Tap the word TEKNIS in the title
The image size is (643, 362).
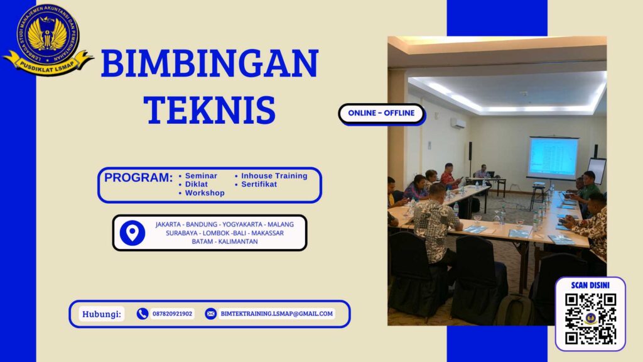pyautogui.click(x=210, y=109)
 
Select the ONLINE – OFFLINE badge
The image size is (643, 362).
pyautogui.click(x=382, y=113)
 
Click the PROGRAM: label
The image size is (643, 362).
pyautogui.click(x=138, y=178)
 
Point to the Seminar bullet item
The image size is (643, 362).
pyautogui.click(x=201, y=176)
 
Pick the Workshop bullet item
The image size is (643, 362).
pyautogui.click(x=204, y=194)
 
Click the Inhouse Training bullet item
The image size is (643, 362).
pyautogui.click(x=274, y=176)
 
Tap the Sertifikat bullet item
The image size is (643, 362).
pyautogui.click(x=259, y=185)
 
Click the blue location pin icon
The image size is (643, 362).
pyautogui.click(x=132, y=233)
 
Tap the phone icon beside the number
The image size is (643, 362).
pyautogui.click(x=143, y=314)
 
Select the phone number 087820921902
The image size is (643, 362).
pyautogui.click(x=172, y=314)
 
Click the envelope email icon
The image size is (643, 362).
pyautogui.click(x=210, y=314)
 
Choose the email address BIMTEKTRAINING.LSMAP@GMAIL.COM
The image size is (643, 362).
pyautogui.click(x=277, y=314)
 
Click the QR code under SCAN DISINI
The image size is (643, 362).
pyautogui.click(x=590, y=319)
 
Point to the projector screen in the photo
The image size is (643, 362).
pyautogui.click(x=553, y=157)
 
